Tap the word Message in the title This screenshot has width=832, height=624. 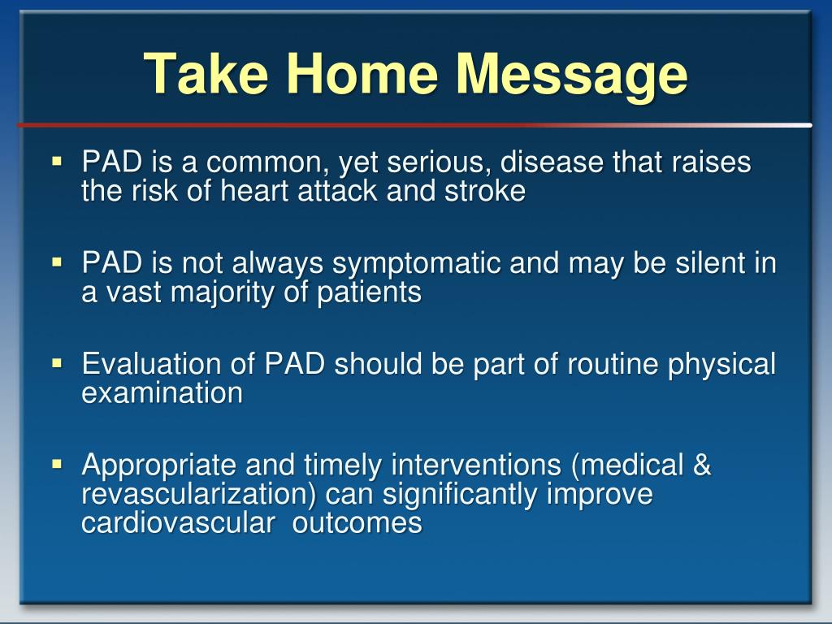571,76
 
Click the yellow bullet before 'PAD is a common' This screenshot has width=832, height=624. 58,161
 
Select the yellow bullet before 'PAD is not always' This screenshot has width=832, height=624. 58,262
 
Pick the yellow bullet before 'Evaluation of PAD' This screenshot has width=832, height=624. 58,363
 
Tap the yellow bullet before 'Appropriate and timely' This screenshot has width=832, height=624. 58,464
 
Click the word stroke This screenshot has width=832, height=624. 485,190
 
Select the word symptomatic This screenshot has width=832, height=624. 417,265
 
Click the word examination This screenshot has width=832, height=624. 162,393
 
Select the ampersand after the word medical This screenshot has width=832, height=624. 701,465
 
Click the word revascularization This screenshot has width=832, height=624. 199,495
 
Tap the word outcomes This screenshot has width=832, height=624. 357,523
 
